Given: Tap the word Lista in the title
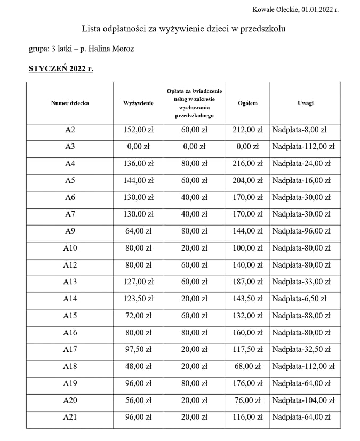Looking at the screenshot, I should pyautogui.click(x=92, y=28).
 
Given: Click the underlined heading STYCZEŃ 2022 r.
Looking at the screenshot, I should pyautogui.click(x=61, y=69).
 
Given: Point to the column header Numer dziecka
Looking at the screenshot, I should pyautogui.click(x=70, y=103).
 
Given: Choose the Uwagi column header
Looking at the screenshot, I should pyautogui.click(x=305, y=103).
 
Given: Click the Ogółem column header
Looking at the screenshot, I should pyautogui.click(x=247, y=103).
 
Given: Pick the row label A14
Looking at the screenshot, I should pyautogui.click(x=70, y=299).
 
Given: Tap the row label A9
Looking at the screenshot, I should pyautogui.click(x=70, y=231).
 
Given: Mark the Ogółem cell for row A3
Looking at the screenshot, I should pyautogui.click(x=247, y=147).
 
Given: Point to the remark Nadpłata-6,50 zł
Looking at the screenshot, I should pyautogui.click(x=299, y=299).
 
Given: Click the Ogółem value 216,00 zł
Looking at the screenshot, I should pyautogui.click(x=247, y=164).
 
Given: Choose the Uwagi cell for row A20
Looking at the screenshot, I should pyautogui.click(x=303, y=400).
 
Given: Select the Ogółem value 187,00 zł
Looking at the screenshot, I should pyautogui.click(x=247, y=282).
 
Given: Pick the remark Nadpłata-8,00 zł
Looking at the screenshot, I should pyautogui.click(x=299, y=130).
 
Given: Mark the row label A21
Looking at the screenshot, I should pyautogui.click(x=70, y=417).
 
